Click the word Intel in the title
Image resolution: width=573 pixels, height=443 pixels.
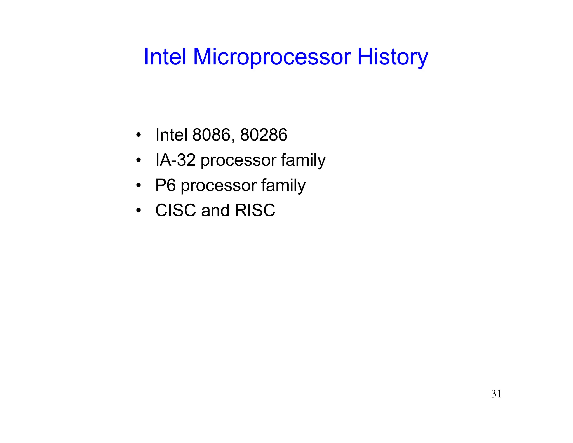[165, 57]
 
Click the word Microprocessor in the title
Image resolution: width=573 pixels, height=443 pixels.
[272, 57]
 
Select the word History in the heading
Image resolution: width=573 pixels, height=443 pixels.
[393, 57]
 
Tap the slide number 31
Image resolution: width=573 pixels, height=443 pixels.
[496, 394]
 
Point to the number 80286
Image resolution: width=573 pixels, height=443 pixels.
[264, 135]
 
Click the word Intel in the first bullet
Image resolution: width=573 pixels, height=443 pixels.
[171, 135]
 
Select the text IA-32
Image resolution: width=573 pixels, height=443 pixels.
[175, 160]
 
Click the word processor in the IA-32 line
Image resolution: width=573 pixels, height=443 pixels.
[238, 161]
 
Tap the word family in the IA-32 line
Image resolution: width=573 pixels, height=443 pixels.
[303, 161]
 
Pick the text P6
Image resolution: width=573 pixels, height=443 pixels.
[165, 185]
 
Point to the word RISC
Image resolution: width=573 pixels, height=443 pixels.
[255, 210]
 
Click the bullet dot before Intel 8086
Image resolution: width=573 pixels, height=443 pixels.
[138, 135]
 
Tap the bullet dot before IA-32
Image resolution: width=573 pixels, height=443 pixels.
[138, 160]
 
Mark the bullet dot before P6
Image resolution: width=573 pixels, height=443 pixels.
[138, 185]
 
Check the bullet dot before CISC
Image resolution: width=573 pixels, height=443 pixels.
[138, 210]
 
